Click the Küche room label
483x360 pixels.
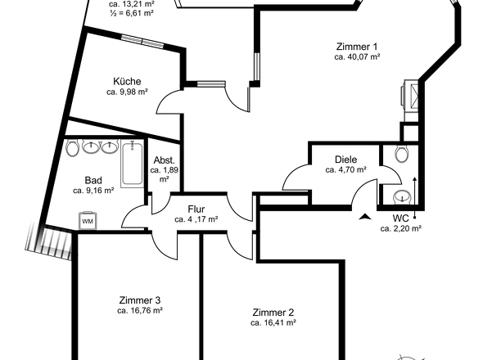point(127,82)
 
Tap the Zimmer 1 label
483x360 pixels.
point(357,47)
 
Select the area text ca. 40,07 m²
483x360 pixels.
point(357,57)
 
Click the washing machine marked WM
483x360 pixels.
point(88,220)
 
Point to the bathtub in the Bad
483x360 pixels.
point(132,164)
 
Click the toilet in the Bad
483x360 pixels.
point(73,148)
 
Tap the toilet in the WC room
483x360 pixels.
point(402,154)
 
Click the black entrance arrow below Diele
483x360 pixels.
point(365,217)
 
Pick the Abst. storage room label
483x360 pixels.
point(165,160)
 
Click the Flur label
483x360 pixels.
point(196,209)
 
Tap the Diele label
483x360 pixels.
point(346,160)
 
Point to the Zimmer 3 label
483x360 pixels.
point(140,300)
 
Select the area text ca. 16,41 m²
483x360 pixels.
point(273,322)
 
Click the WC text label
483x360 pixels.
point(401,218)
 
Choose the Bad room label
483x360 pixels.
point(93,180)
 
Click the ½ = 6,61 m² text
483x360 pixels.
point(132,13)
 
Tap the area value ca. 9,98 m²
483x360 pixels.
point(127,92)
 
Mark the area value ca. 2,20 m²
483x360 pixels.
point(401,228)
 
